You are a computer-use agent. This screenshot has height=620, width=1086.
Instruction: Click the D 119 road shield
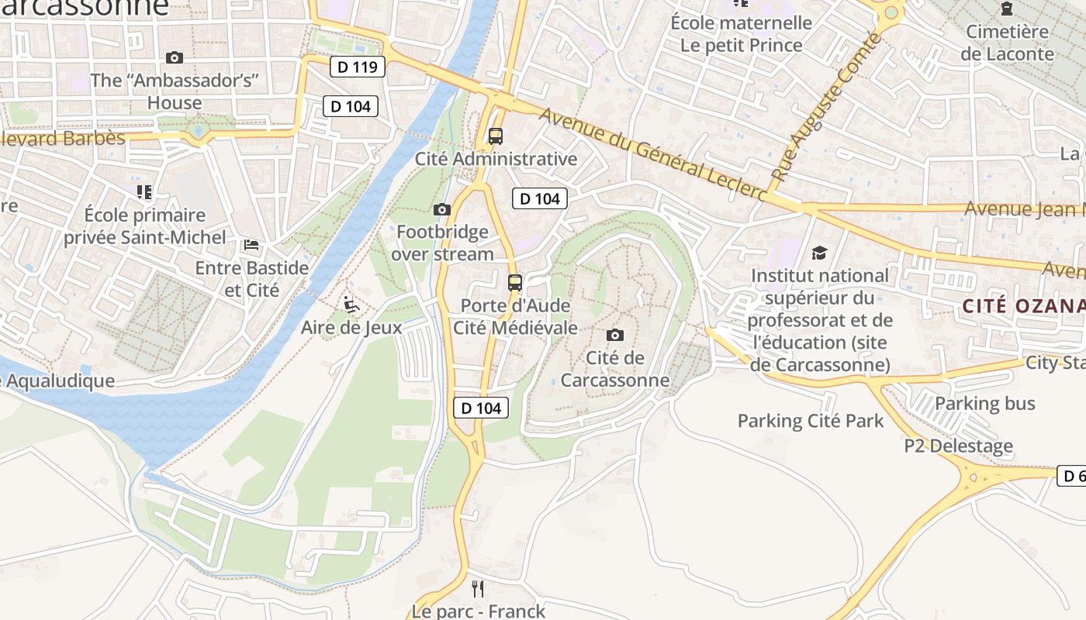point(358,67)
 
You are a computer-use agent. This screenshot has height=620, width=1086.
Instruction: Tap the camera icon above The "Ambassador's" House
point(175,57)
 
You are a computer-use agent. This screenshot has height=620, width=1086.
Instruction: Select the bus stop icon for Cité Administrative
point(495,136)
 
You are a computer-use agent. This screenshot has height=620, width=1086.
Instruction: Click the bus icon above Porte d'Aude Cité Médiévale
point(515,283)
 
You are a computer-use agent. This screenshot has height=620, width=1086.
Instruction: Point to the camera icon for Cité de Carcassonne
point(614,335)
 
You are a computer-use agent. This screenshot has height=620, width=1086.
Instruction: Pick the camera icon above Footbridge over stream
point(441,209)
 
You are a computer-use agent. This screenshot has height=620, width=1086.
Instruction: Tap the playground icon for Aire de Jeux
point(351,305)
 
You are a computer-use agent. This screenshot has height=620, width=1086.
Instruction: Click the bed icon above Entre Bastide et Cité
point(251,245)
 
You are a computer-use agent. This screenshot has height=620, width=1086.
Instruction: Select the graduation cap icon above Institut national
point(819,253)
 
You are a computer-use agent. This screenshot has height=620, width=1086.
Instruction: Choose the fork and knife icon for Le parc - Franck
point(478,589)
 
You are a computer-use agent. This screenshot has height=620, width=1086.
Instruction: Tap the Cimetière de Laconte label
point(1007,43)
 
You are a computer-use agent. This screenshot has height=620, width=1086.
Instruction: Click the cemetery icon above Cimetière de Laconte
point(1007,9)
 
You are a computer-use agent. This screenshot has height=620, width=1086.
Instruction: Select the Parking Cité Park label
point(810,421)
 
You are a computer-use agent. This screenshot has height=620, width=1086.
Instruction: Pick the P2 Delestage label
point(958,446)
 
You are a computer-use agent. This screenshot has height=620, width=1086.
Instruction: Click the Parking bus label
point(984,403)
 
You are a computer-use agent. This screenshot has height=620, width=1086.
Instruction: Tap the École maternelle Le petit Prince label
point(741,34)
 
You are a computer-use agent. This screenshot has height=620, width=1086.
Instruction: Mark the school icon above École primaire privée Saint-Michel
point(144,191)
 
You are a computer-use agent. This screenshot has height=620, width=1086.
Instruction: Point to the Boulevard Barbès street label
point(62,138)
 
